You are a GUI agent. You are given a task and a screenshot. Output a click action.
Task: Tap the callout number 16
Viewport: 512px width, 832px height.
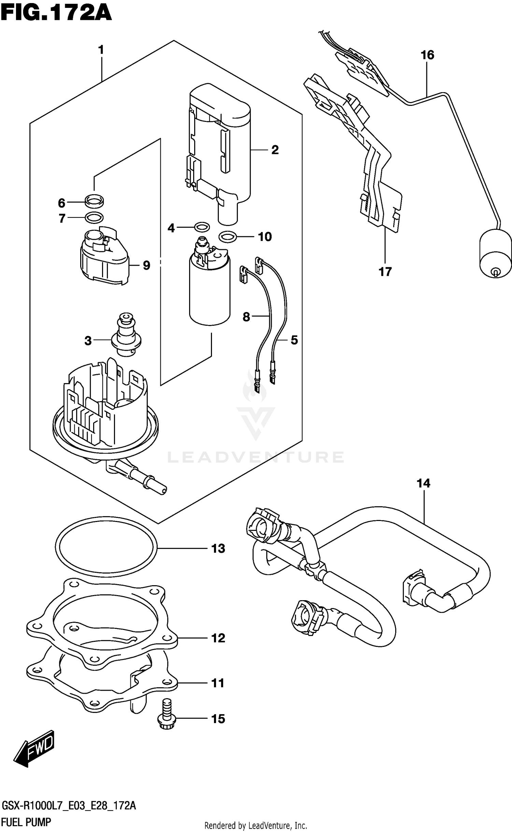(x=427, y=55)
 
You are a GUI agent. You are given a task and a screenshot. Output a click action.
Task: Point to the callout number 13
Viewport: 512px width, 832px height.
(x=218, y=549)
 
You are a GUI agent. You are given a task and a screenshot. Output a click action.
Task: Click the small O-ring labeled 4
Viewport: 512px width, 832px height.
(x=202, y=227)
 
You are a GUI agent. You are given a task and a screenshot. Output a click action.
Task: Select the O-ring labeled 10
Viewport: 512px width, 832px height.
(x=227, y=236)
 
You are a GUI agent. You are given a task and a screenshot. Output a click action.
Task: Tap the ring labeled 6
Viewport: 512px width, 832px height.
(x=94, y=202)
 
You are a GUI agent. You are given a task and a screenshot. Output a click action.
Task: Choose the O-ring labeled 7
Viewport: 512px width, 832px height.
(x=94, y=217)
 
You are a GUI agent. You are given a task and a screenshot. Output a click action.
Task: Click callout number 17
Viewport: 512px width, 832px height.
(x=385, y=272)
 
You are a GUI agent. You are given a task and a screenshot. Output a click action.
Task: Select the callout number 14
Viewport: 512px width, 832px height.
(x=423, y=483)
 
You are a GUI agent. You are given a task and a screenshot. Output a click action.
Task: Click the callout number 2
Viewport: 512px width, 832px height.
(x=275, y=150)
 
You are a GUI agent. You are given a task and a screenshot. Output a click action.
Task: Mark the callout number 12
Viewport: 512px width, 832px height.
(x=218, y=638)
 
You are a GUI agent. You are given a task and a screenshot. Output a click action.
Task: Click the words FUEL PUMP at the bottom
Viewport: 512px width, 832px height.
(x=26, y=822)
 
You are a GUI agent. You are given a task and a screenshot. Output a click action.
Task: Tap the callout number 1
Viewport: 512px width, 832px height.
(x=101, y=50)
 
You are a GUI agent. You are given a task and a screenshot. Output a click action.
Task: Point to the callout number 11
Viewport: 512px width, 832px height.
(x=218, y=683)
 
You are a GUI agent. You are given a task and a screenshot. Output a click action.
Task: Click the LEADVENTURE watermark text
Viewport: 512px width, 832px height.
(x=256, y=457)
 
